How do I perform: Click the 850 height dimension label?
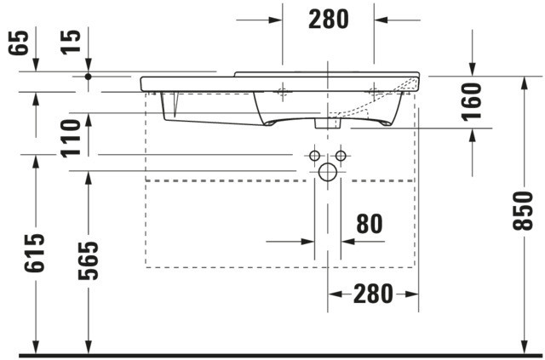[522, 210]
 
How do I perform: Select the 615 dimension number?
[34, 253]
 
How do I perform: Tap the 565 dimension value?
[89, 260]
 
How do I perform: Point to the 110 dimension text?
[71, 139]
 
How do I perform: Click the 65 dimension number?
[18, 43]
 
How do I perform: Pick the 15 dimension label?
[71, 42]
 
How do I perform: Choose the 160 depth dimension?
[472, 102]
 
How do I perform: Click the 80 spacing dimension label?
[370, 224]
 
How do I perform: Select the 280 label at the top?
[329, 20]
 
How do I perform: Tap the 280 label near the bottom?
[373, 294]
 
